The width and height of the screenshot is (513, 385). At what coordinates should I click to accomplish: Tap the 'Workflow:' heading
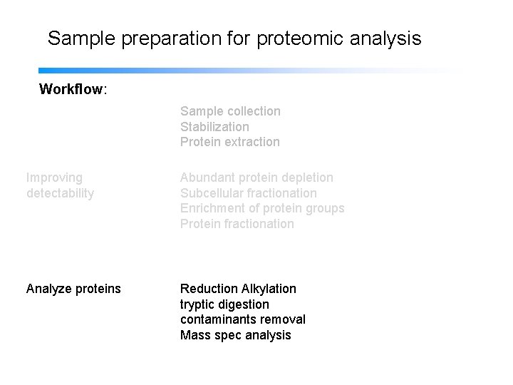point(73,90)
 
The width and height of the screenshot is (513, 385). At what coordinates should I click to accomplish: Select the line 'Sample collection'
point(230,111)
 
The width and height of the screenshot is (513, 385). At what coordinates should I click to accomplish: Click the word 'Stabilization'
point(214,127)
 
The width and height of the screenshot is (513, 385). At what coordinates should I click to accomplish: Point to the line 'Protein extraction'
point(229,142)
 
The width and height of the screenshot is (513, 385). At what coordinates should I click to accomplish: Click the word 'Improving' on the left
point(54,178)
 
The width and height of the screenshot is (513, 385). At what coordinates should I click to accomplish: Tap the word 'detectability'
point(60,193)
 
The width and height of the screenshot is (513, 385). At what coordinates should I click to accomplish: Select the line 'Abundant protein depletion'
point(256,178)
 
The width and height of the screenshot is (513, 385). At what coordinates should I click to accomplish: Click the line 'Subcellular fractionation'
point(248,193)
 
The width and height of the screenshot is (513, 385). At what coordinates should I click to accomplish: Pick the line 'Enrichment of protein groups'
point(261,208)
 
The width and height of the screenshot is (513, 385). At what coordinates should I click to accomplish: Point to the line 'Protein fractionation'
point(237,224)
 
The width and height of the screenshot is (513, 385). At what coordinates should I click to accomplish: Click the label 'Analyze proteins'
point(73,289)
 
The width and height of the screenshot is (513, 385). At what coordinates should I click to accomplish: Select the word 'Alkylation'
point(269,289)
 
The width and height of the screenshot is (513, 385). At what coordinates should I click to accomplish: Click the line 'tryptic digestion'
point(224,304)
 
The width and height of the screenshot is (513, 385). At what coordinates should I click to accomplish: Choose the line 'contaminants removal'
point(242,319)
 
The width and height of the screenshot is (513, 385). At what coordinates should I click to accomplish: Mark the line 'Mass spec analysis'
point(235,335)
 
